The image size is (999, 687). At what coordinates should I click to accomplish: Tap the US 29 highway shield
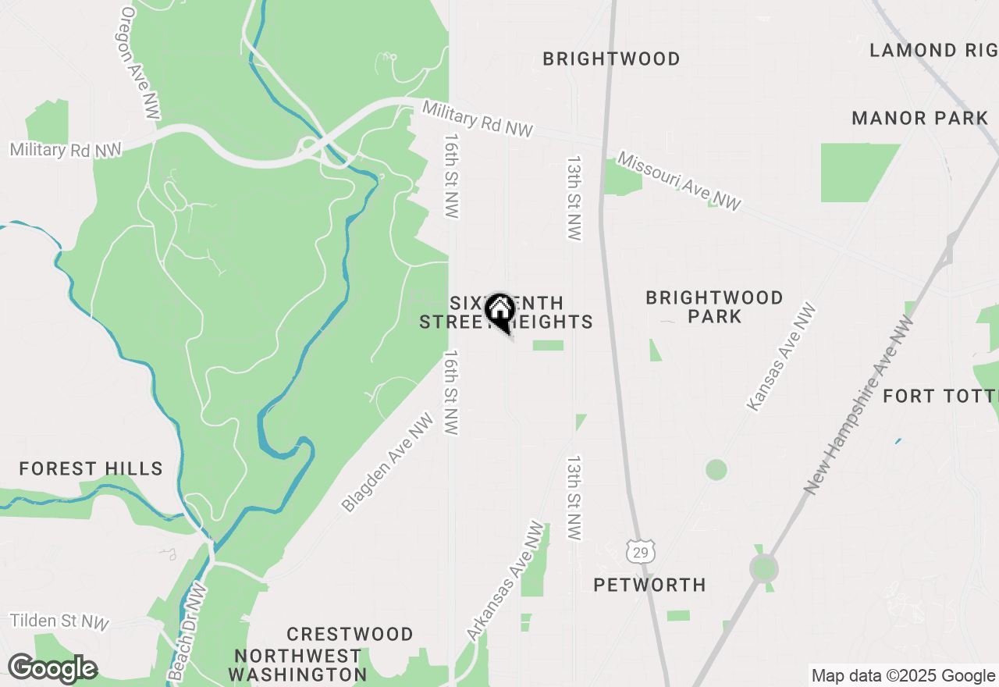pos(639,551)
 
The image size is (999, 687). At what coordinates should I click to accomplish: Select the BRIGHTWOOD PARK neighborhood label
pos(714,307)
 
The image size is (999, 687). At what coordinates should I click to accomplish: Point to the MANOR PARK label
pos(920,119)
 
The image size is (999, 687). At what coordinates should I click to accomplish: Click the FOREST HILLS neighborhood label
pos(91,468)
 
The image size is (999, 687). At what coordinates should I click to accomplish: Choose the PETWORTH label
pos(649,585)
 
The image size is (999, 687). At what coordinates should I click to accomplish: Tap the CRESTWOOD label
pos(350,634)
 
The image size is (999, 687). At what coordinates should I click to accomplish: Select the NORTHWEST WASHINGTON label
pos(297,664)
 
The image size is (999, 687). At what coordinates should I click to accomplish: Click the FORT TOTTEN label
pos(940,396)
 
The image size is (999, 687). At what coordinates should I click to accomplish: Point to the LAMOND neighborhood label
pos(933,51)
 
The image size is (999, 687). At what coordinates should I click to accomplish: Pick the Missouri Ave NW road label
pos(679,182)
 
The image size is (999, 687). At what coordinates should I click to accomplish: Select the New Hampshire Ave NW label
pos(859,404)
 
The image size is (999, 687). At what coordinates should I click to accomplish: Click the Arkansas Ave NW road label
pos(505,582)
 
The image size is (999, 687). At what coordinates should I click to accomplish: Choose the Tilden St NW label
pos(59,621)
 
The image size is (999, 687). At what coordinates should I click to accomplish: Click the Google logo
pos(52,669)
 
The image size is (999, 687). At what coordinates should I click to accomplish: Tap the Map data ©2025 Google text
pos(903,676)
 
